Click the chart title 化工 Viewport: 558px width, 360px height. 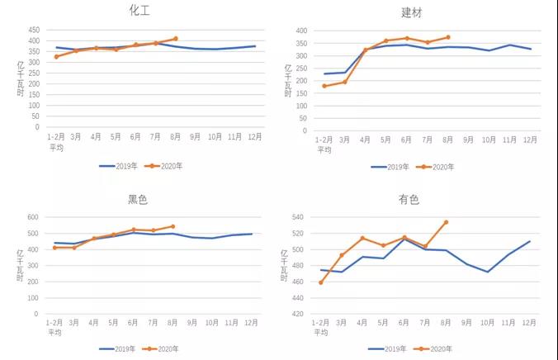point(139,11)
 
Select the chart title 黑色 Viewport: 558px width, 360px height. point(139,199)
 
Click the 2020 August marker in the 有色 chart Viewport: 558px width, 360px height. point(447,222)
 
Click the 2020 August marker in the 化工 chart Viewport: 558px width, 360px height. point(176,39)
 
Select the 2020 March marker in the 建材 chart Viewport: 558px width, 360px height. point(345,82)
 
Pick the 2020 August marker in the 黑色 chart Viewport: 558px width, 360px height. point(173,226)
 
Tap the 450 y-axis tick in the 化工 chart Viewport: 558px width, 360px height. point(34,30)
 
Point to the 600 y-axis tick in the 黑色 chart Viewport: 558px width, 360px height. point(34,217)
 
